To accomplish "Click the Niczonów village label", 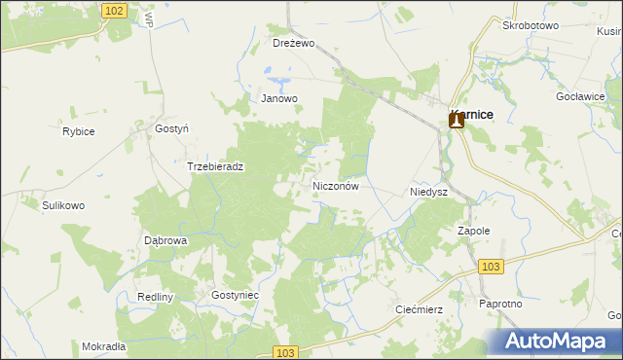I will pos(338,185).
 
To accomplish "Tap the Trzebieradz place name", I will pos(215,166).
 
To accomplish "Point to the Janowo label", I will pos(278,98).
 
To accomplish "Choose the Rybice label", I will pos(78,131).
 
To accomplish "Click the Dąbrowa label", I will pos(165,239).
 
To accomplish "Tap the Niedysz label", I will pos(428,193).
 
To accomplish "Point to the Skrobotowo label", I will pos(531,26).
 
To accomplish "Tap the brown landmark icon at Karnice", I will pos(456,121).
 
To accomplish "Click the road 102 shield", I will pos(114,10).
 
